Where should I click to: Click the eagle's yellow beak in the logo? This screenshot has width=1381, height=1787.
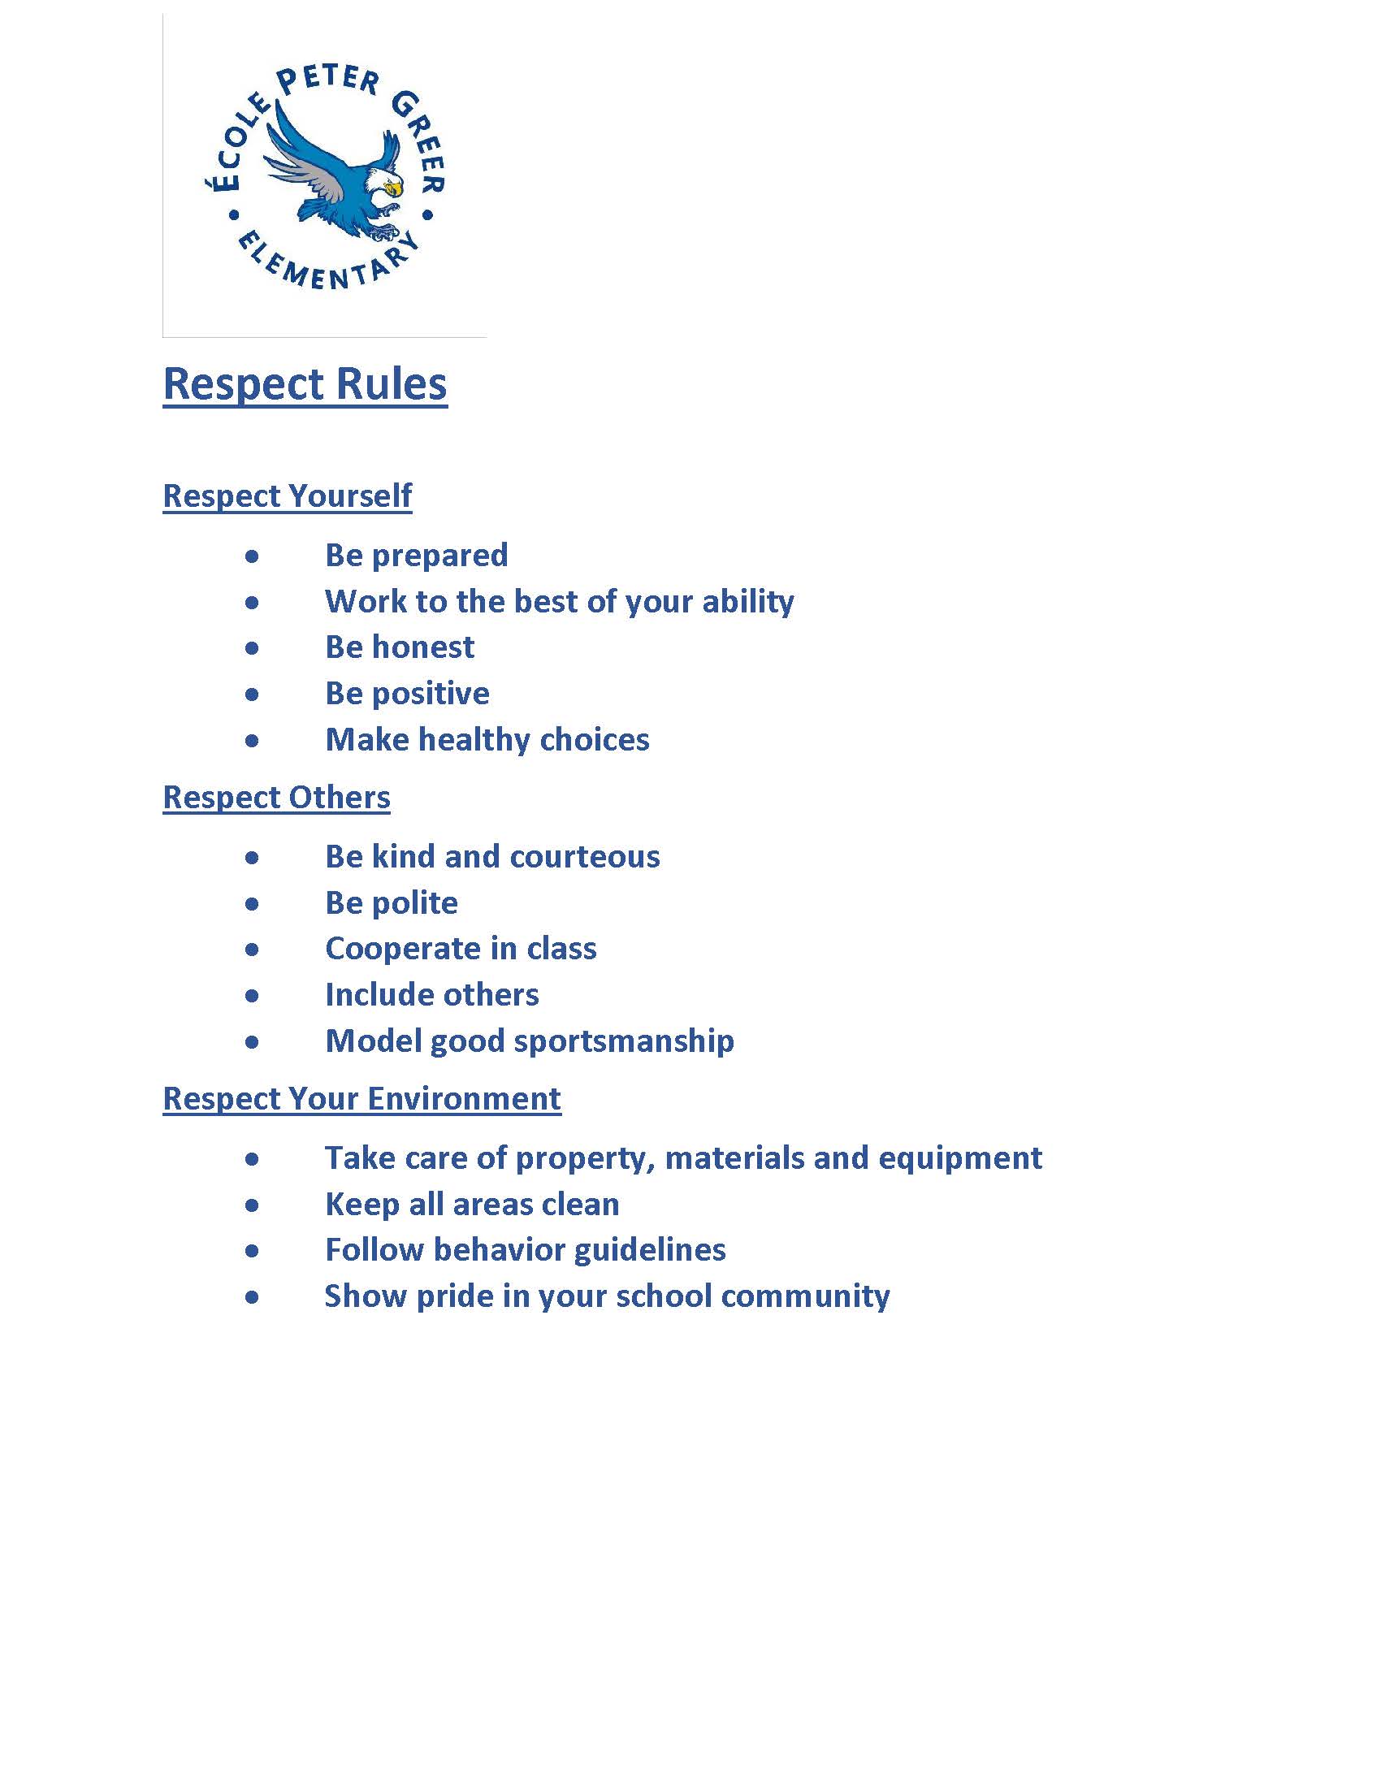point(394,189)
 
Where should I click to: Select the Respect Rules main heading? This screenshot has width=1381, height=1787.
point(305,383)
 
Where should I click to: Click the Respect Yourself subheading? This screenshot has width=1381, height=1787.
point(287,495)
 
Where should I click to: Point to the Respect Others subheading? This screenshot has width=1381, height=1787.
point(276,797)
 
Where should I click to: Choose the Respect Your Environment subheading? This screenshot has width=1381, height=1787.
point(361,1098)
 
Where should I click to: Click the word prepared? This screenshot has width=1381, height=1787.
point(439,556)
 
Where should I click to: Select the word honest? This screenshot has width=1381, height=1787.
point(423,647)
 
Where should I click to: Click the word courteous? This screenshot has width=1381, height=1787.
point(584,857)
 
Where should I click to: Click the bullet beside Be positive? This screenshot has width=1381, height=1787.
point(252,694)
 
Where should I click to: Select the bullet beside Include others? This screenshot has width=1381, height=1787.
point(252,996)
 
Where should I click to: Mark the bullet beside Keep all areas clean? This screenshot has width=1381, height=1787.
point(252,1205)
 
